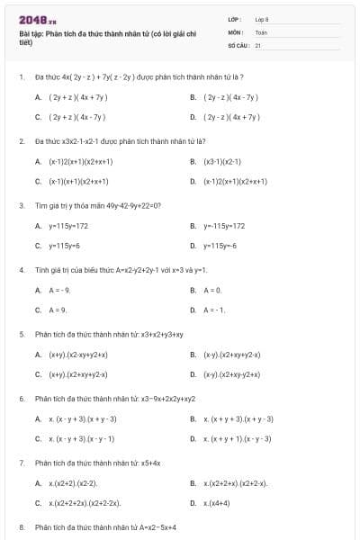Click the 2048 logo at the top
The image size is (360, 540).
click(32, 20)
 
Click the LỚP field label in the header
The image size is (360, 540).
click(236, 19)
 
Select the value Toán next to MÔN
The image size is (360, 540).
click(261, 31)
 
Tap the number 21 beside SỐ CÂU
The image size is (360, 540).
click(258, 44)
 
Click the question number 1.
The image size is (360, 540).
click(22, 77)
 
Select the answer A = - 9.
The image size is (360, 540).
click(54, 290)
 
